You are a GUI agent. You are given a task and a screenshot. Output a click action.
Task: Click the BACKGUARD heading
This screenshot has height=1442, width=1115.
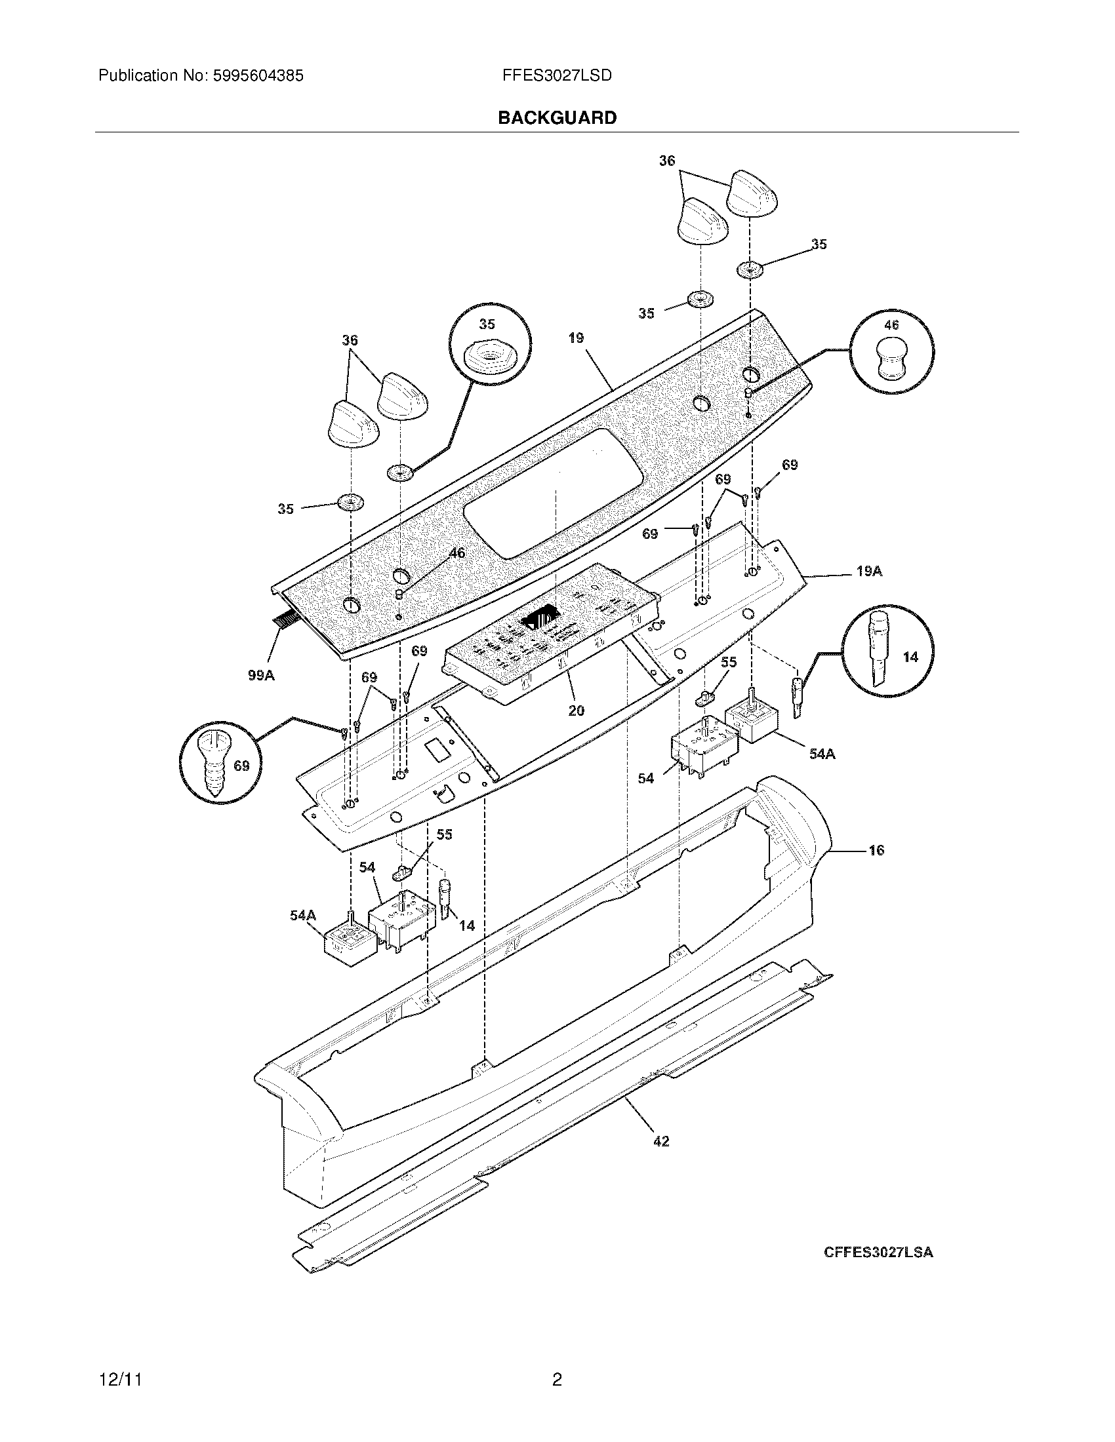pos(557,117)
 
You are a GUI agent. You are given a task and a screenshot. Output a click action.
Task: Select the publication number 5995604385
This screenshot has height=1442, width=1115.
pos(258,76)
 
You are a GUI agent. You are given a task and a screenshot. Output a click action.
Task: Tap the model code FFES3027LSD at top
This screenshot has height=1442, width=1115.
pos(557,76)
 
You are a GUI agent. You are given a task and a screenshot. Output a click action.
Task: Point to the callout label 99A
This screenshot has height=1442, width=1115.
pos(261,675)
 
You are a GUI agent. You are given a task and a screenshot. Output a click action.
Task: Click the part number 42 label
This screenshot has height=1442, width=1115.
pos(660,1141)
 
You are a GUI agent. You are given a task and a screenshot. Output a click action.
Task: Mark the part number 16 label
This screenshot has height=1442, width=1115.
pos(876,850)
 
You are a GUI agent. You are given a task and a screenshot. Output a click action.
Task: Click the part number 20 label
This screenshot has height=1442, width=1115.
pos(576,711)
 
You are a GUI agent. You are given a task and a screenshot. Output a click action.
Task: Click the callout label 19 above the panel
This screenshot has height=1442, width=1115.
pos(575,338)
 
